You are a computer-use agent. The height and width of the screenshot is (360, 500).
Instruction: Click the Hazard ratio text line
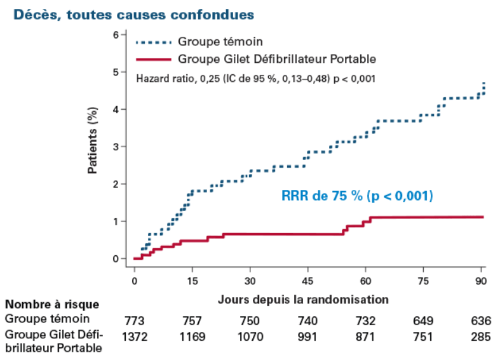tap(257, 79)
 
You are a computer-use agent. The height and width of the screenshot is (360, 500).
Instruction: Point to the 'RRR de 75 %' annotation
tap(357, 196)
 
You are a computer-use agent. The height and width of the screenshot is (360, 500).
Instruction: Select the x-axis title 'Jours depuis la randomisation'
tap(303, 297)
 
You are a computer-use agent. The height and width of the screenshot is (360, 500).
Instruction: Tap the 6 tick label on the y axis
tap(116, 35)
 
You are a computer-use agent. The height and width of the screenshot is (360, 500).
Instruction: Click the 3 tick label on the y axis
tap(116, 147)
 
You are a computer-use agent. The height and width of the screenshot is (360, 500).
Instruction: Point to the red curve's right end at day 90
tap(483, 217)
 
